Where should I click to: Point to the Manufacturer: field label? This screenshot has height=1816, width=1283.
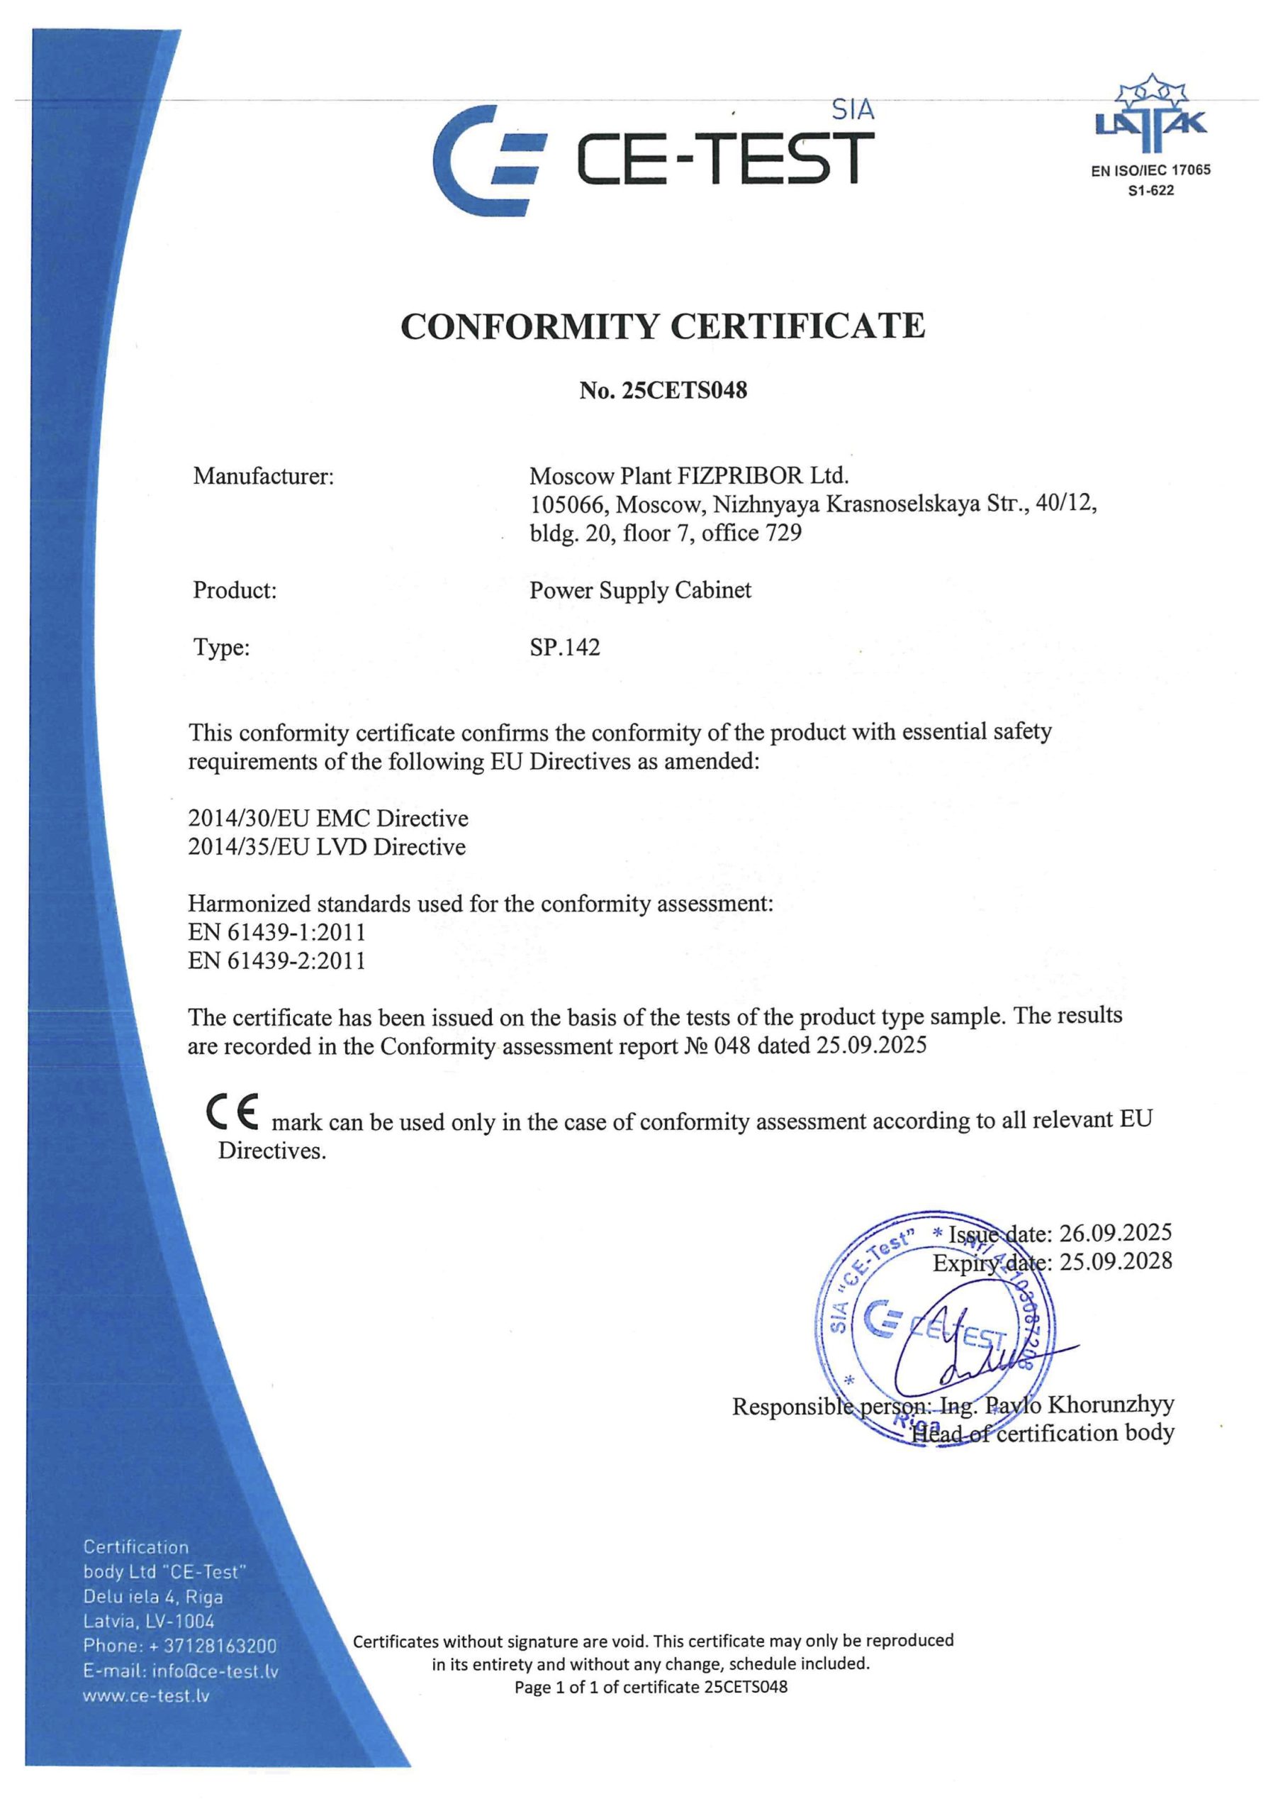coord(263,476)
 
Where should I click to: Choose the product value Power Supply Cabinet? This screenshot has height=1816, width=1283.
coord(639,590)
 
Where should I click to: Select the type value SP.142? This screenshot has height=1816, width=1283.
coord(564,647)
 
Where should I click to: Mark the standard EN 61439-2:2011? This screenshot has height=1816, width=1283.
coord(276,960)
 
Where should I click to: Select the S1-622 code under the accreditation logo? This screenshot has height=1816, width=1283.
coord(1150,190)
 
